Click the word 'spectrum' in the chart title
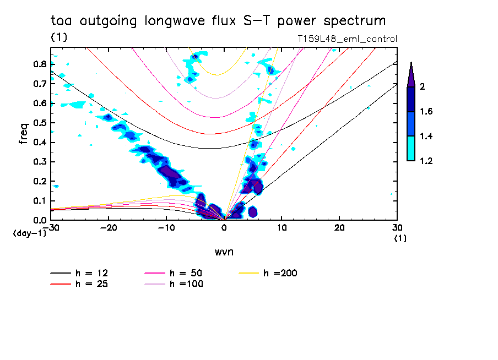point(356,21)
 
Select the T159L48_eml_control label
point(347,39)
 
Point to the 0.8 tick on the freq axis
point(40,64)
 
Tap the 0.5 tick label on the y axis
point(40,123)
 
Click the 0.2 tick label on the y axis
point(40,181)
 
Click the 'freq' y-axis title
point(24,134)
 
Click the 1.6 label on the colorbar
point(426,112)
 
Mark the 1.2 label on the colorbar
point(426,161)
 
